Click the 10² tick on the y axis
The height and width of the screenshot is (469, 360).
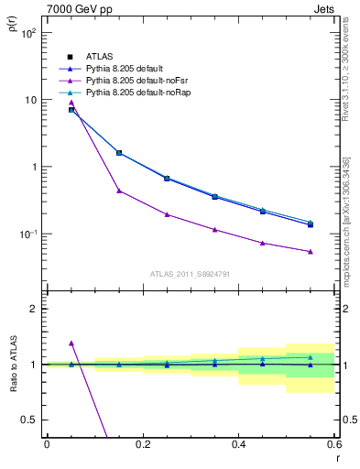pos(27,33)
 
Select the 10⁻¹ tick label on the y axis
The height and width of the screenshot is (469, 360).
pos(27,234)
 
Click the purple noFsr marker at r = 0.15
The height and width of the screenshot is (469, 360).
pos(119,191)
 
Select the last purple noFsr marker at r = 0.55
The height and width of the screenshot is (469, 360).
pos(311,251)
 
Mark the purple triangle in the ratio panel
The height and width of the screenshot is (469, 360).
pos(71,343)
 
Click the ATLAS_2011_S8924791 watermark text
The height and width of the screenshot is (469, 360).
pos(190,273)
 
